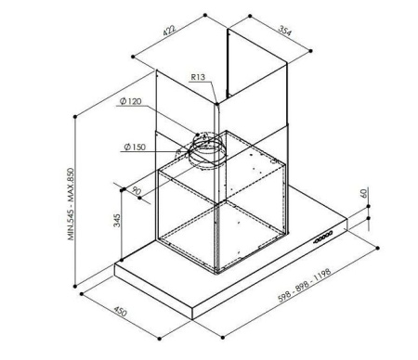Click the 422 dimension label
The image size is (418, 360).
click(169, 31)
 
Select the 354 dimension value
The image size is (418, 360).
click(285, 31)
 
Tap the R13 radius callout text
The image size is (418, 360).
click(198, 77)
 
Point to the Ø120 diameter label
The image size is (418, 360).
click(130, 101)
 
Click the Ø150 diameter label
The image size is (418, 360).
click(135, 147)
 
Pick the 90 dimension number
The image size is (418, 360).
click(136, 190)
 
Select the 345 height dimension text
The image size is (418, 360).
click(117, 220)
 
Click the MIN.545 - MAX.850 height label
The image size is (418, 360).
click(71, 204)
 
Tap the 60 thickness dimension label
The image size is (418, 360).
click(364, 193)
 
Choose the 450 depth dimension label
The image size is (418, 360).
click(120, 311)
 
